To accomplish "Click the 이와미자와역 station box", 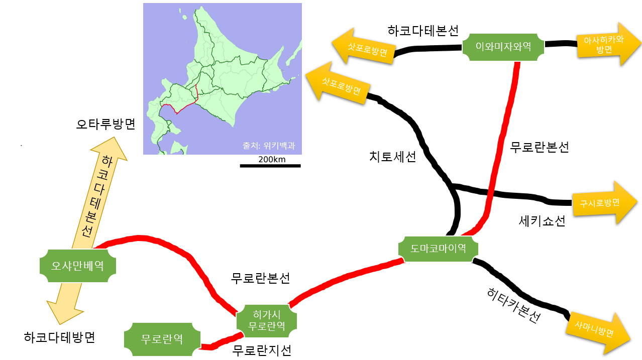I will (x=503, y=47).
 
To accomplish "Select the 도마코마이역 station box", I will (x=438, y=249).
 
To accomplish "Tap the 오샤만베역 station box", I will (x=77, y=266).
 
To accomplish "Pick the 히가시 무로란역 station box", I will (x=266, y=321).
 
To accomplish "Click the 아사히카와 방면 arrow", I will (x=608, y=44).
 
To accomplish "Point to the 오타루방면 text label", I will (x=106, y=125).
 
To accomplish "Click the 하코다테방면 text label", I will (x=59, y=337).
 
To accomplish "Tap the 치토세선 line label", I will (x=392, y=157).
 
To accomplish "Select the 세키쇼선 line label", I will (x=542, y=221).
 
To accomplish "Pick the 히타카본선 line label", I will (x=513, y=305).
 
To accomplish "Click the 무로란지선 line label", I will (x=262, y=350).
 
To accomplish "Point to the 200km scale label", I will (x=272, y=160).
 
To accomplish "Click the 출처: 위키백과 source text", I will (x=268, y=146).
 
